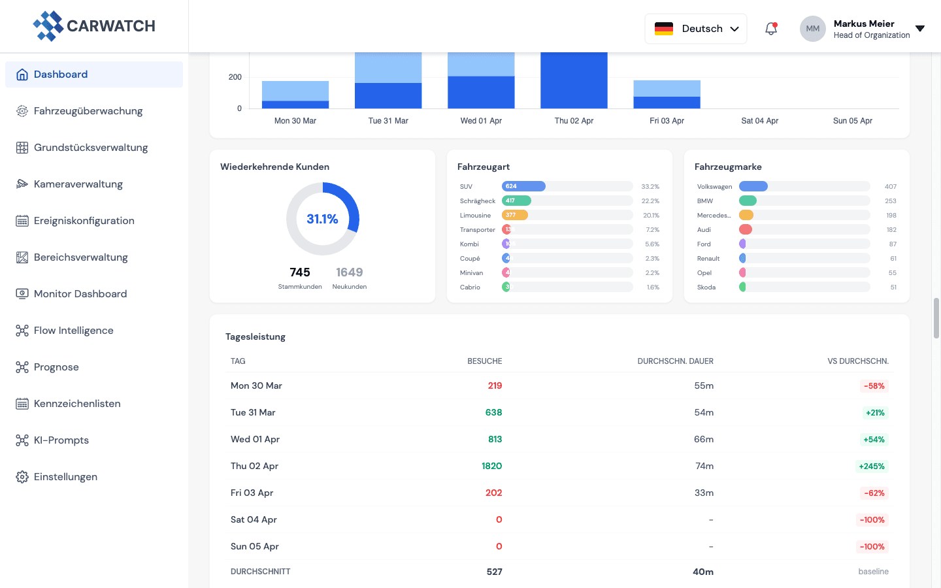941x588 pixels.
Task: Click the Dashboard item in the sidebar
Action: [61, 74]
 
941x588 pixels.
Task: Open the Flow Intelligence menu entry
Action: [73, 331]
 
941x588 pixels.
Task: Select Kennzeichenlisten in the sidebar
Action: [77, 404]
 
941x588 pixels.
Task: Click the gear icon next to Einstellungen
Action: [22, 477]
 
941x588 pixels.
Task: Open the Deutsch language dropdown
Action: [696, 29]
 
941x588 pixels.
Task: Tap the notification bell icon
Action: [771, 29]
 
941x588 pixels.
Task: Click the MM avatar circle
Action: [812, 29]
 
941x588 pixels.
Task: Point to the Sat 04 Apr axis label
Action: [759, 121]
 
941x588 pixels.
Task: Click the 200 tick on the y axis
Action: [235, 77]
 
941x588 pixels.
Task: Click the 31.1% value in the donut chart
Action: [322, 219]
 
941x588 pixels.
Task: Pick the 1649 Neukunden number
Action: [349, 272]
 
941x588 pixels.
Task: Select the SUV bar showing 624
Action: [523, 186]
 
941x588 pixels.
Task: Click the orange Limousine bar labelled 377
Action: [514, 215]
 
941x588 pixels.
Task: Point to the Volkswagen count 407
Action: [890, 187]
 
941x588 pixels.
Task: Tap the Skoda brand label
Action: [706, 287]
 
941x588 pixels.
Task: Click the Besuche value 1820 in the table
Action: [491, 466]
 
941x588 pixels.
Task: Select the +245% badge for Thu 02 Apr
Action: [872, 466]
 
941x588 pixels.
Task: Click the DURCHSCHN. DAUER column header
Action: [675, 361]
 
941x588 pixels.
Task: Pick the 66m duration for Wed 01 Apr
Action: [703, 439]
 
